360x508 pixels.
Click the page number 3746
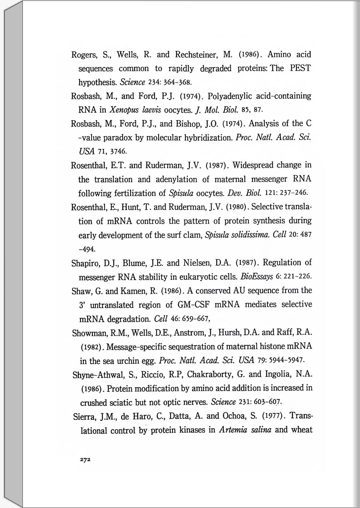tap(119, 152)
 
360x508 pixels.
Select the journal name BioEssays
tap(256, 277)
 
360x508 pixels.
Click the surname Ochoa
tap(235, 416)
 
